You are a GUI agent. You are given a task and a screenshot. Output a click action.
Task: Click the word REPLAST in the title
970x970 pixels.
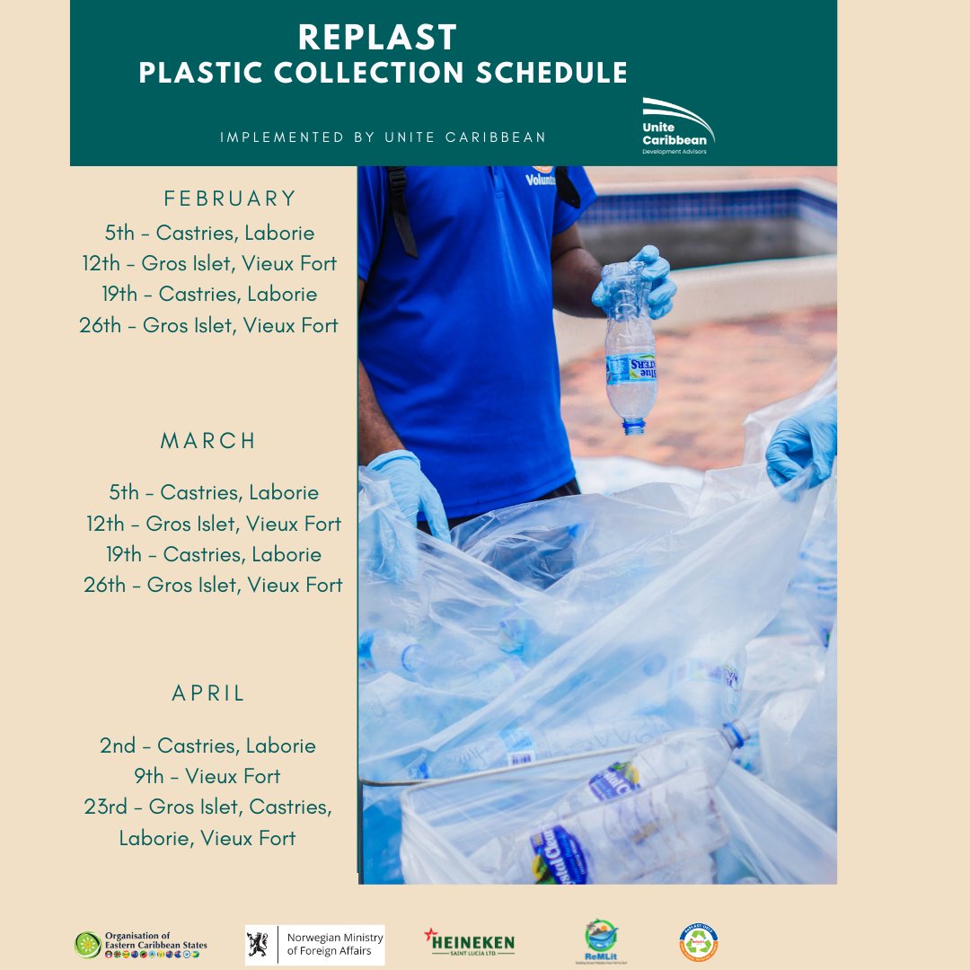(378, 38)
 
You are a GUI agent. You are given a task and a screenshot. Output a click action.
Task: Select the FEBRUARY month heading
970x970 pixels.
(230, 198)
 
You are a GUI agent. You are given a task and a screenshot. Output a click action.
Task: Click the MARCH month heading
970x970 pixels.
(208, 441)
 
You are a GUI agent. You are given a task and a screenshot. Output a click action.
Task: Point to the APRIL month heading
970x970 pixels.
(208, 693)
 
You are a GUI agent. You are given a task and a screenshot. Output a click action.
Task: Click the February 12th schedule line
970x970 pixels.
(209, 264)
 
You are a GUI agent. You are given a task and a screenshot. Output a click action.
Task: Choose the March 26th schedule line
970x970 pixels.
(213, 585)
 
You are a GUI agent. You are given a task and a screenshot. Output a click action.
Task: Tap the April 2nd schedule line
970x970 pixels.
(207, 745)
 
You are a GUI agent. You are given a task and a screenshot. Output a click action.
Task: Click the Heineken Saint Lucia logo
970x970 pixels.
(469, 942)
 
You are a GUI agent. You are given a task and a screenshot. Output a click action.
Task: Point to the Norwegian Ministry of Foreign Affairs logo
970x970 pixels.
(315, 945)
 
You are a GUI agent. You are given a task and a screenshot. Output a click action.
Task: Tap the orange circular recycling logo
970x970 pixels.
(699, 943)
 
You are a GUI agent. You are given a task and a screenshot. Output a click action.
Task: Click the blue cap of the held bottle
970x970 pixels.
(634, 427)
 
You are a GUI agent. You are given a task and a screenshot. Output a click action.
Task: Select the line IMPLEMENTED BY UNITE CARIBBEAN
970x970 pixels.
(384, 137)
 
